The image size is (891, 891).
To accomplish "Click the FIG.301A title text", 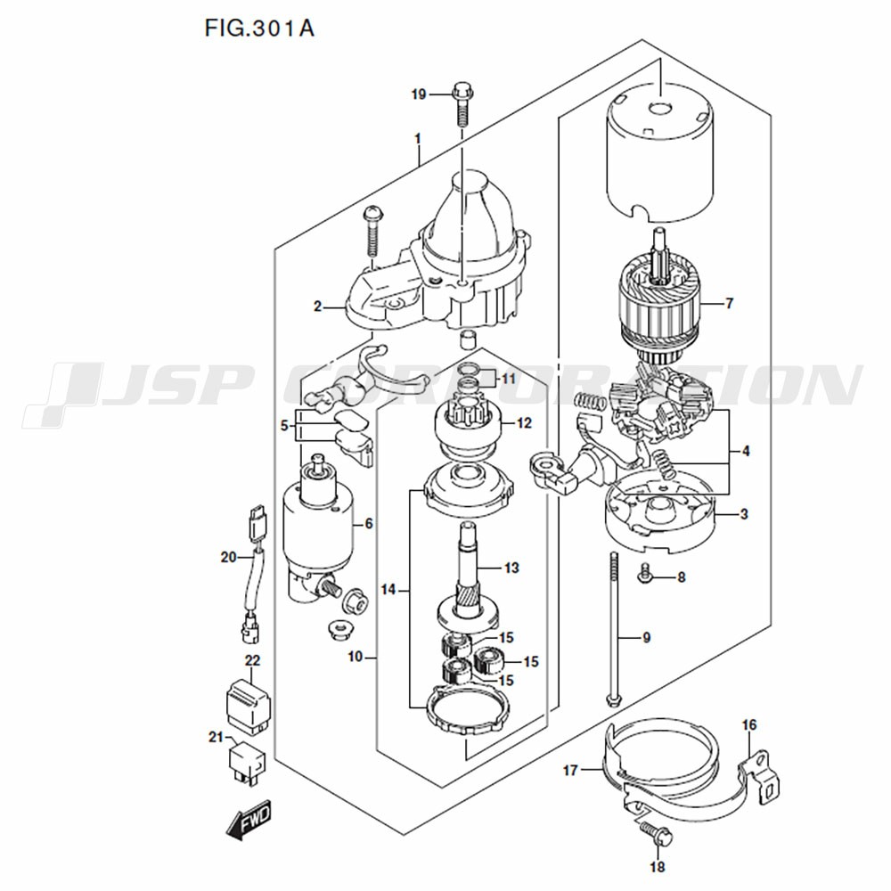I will point(259,28).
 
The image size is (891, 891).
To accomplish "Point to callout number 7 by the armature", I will point(729,304).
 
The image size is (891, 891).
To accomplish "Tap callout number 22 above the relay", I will point(252,661).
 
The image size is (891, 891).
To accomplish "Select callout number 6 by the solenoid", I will point(368,523).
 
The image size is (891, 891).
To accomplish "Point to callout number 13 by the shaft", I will point(511,568).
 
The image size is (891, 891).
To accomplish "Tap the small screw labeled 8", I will point(647,577).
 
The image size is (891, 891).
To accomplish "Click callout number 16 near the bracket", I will point(748,724).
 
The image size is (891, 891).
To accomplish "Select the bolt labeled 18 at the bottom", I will point(658,835).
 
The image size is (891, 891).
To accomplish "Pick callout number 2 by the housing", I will point(317,307).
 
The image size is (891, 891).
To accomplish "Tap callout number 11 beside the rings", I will point(508,380).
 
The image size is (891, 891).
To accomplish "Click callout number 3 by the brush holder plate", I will point(743,514).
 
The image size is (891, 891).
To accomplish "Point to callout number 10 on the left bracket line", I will point(356,658).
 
